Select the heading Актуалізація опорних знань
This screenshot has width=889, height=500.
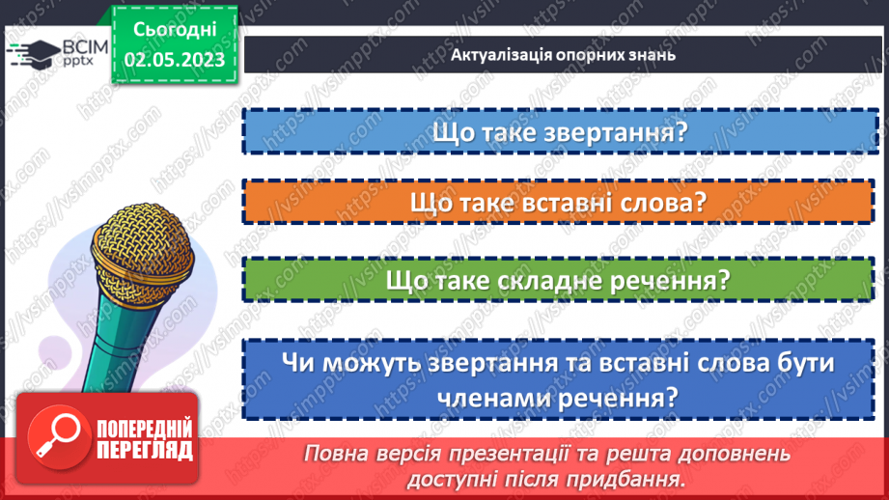point(563,54)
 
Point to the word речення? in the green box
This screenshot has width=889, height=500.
point(681,281)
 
